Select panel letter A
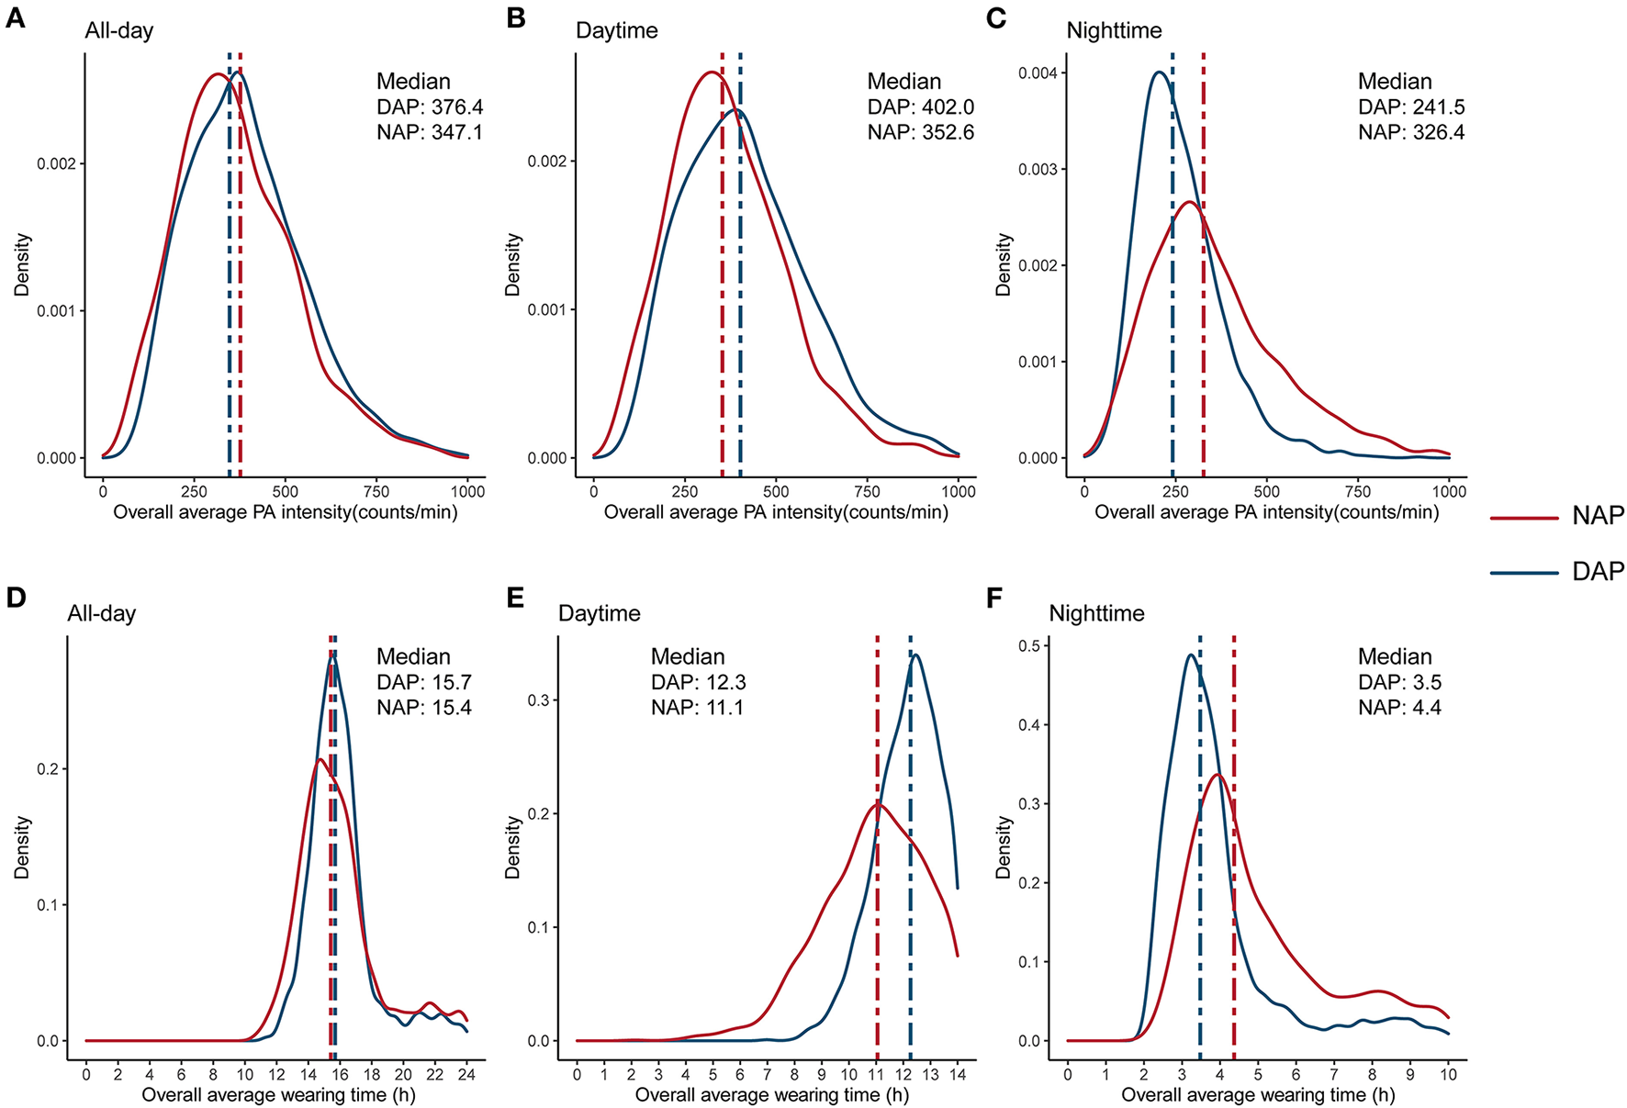(15, 17)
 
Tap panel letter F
(995, 599)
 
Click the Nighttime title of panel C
(1114, 30)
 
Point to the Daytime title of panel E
(599, 613)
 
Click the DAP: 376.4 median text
(430, 106)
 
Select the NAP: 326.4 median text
(1411, 132)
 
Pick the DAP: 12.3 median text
(698, 682)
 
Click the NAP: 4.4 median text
(1399, 708)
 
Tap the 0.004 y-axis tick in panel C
(1038, 73)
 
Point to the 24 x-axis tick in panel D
(466, 1074)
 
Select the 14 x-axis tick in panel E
(957, 1074)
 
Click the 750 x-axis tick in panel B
(867, 491)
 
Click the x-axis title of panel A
(285, 512)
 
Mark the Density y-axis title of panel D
(22, 846)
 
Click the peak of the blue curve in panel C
(1159, 72)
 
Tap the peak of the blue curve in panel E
(914, 655)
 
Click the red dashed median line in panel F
(1233, 872)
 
